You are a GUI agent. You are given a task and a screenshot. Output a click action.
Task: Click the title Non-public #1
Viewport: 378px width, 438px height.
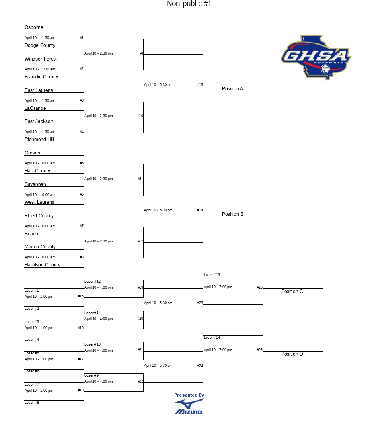(189, 4)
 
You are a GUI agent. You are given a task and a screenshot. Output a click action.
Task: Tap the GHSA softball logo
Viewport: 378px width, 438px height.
(316, 57)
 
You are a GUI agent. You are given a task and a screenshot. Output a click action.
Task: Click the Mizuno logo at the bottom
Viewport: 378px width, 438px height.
(189, 407)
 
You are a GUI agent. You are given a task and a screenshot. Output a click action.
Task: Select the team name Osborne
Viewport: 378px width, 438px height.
(34, 27)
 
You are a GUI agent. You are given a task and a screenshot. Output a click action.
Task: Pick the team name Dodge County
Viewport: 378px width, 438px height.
(40, 45)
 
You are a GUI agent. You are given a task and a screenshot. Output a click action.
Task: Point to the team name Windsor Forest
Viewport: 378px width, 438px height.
(41, 59)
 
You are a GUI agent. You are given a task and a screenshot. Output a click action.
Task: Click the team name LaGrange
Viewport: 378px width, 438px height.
(35, 108)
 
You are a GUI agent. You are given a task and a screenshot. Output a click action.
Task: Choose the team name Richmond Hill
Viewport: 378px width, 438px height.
(39, 139)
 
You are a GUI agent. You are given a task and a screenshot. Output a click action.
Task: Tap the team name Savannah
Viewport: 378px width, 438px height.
(35, 184)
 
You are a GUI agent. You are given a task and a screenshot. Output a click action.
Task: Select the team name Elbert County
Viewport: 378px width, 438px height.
(39, 216)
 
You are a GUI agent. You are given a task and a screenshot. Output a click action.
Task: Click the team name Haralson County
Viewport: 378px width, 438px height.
(43, 264)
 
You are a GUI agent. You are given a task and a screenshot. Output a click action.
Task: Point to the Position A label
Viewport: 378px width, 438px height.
(232, 88)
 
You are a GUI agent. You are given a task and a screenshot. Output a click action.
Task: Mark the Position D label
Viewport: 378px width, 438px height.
(292, 354)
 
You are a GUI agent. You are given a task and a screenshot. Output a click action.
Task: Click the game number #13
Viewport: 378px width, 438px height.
(200, 85)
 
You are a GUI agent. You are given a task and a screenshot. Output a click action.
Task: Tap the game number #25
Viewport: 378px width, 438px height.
(260, 287)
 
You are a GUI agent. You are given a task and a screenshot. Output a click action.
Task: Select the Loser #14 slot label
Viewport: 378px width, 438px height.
(212, 337)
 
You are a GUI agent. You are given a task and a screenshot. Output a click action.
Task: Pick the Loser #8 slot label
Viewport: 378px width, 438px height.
(32, 402)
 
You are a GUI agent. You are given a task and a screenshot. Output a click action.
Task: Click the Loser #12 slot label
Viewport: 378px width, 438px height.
(92, 281)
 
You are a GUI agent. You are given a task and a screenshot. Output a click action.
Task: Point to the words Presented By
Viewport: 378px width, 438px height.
(189, 395)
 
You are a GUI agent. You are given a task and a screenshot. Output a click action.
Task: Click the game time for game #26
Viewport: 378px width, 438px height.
(218, 350)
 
